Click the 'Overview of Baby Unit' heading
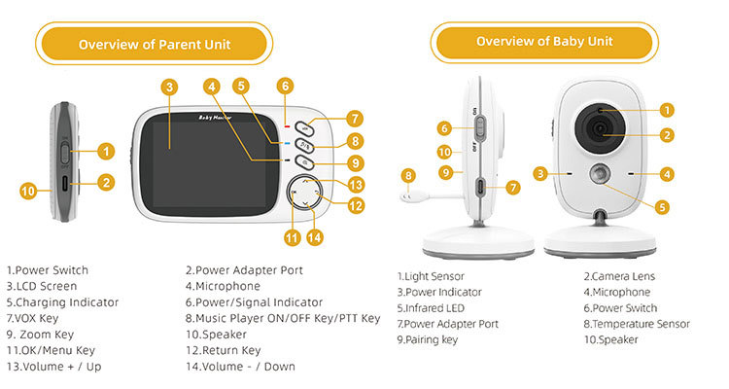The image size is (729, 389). coord(543,42)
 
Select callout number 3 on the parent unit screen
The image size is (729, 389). coord(170,87)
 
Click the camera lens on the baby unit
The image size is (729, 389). coord(598,127)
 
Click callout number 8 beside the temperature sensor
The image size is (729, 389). coord(408,175)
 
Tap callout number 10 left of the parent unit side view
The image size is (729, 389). coord(29,191)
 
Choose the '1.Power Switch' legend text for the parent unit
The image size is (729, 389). coord(48,269)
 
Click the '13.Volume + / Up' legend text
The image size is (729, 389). coord(53,367)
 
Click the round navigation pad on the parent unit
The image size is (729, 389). coord(306,194)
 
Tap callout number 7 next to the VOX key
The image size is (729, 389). coord(356,120)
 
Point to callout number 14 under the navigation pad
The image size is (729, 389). coord(313,236)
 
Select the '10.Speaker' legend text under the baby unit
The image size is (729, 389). coord(611,339)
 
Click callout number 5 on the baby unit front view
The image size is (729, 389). coord(662,205)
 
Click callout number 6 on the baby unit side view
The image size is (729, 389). coord(443,127)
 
